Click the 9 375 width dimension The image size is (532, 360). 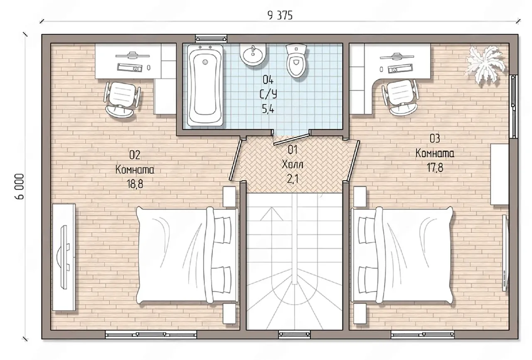[280, 16]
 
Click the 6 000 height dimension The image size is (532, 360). [20, 186]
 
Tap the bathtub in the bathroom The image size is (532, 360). [205, 85]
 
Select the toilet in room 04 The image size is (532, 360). [296, 61]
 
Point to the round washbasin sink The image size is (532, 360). [253, 55]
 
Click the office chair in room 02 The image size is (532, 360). [122, 100]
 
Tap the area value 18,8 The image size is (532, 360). [135, 184]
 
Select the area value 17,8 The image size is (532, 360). [435, 168]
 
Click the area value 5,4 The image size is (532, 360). [268, 109]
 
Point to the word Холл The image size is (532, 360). [292, 164]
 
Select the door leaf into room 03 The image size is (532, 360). [353, 160]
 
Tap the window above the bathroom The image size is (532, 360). [211, 39]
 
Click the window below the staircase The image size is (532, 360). [294, 334]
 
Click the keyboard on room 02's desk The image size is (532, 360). [130, 67]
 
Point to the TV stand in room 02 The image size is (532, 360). [64, 257]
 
